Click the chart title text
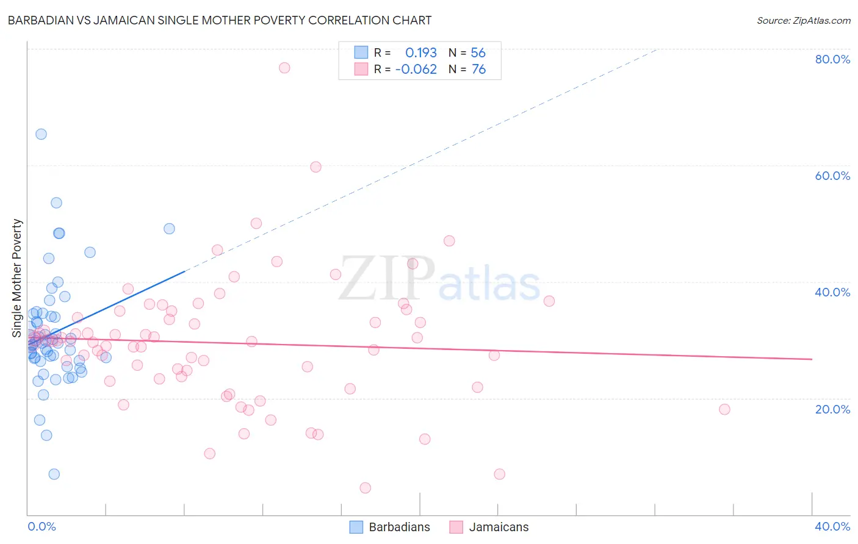tap(219, 21)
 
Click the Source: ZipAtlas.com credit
tap(803, 21)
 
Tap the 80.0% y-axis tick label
tap(832, 59)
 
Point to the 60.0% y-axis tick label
tap(832, 176)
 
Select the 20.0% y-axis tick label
tap(832, 409)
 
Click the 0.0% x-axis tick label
tap(41, 526)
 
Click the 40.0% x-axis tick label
tap(832, 526)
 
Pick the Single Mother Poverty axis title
tap(17, 278)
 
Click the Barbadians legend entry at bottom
tap(390, 527)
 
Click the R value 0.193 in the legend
tap(421, 53)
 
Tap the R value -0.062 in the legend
tap(416, 70)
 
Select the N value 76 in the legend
tap(478, 70)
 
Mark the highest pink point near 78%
tap(284, 68)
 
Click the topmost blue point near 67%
tap(41, 134)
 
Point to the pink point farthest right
tap(724, 409)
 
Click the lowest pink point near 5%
tap(366, 488)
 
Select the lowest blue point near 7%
tap(54, 474)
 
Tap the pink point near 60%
tap(315, 167)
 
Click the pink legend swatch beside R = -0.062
tap(361, 70)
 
